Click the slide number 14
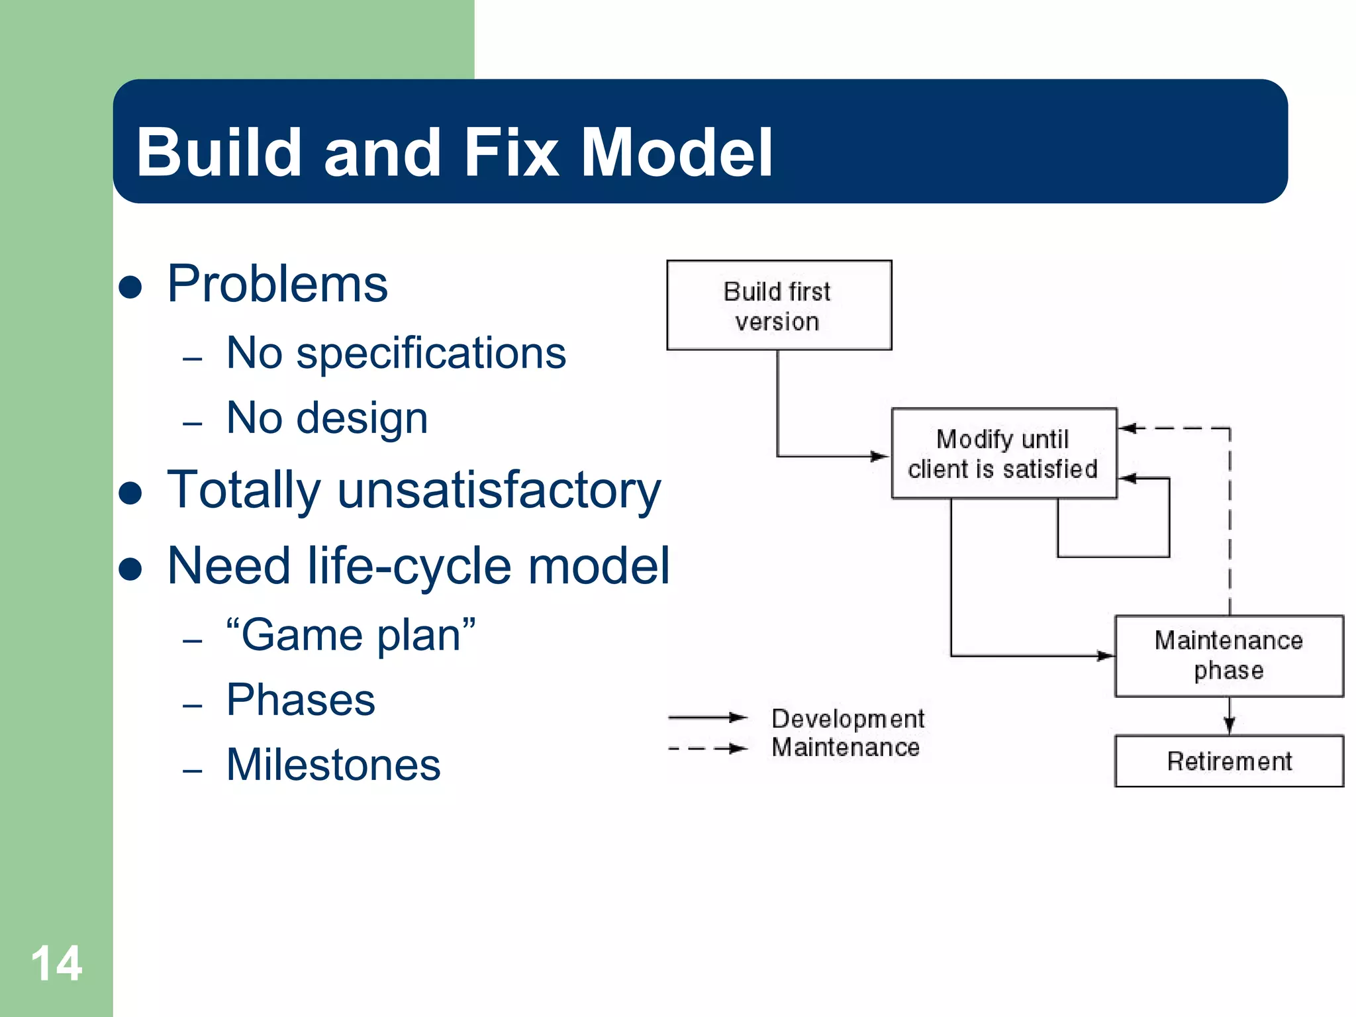tap(56, 964)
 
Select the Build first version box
tap(779, 305)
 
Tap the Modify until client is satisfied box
tap(1003, 454)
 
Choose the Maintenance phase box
tap(1229, 655)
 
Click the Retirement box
tap(1229, 761)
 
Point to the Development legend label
tap(847, 718)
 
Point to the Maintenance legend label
tap(846, 748)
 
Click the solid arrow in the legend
tap(707, 717)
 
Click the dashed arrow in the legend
tap(707, 749)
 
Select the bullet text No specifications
tap(396, 353)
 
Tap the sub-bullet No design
tap(327, 418)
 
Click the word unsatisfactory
tap(499, 491)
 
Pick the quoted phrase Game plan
tap(351, 635)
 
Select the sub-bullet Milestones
tap(333, 765)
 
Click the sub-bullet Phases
tap(301, 700)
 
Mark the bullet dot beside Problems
tap(130, 287)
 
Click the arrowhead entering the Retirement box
tap(1230, 726)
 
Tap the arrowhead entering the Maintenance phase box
tap(1105, 655)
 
